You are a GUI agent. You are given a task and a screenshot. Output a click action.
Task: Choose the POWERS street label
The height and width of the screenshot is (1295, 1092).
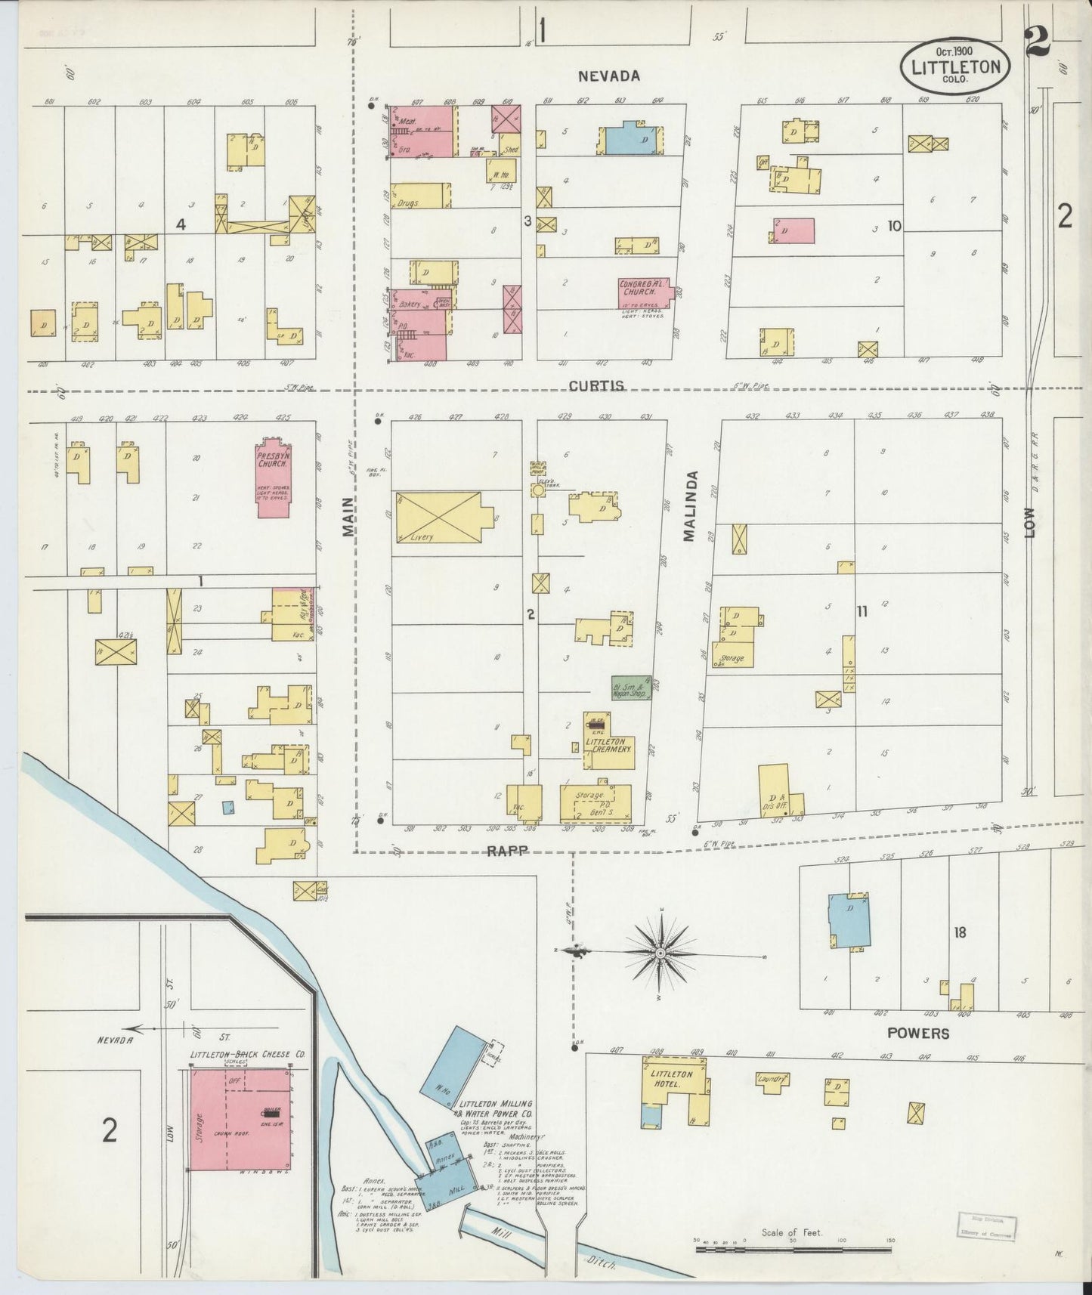coord(918,1033)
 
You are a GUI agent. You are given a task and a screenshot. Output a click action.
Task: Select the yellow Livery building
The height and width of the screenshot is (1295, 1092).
coord(438,518)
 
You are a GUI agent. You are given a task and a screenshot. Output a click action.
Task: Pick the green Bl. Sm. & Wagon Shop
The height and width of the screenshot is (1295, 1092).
coord(631,688)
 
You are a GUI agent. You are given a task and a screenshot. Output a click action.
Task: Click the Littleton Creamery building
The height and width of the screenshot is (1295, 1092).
coord(608,744)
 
